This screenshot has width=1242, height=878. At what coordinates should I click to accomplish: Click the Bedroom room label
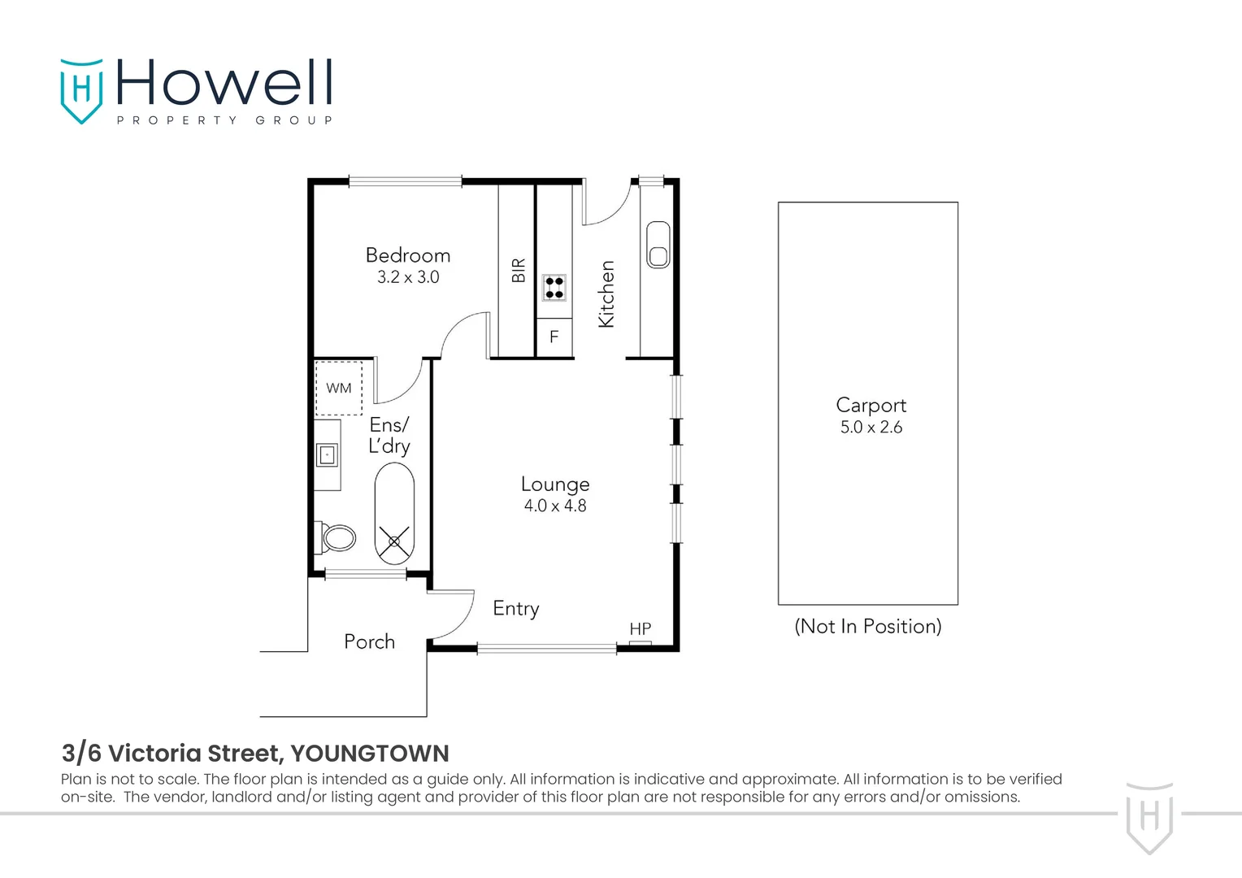coord(407,255)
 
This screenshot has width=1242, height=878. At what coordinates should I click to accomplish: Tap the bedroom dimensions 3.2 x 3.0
coord(407,277)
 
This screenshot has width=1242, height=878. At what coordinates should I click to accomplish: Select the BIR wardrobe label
coord(518,270)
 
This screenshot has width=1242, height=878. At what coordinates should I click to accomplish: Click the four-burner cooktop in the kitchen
coord(554,288)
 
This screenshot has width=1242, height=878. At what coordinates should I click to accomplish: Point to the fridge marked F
coord(554,337)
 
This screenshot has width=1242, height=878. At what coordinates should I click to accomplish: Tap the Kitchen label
coord(606,294)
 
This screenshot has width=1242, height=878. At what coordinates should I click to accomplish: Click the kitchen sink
coord(658,245)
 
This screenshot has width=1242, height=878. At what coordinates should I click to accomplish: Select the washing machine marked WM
coord(339,389)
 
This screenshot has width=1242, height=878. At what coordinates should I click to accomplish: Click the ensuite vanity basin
coord(327,454)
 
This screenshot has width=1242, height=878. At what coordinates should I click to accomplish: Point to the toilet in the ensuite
coord(337,537)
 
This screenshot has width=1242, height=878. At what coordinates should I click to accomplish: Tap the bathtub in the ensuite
coord(394,514)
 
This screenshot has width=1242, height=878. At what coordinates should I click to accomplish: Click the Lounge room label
coord(555,485)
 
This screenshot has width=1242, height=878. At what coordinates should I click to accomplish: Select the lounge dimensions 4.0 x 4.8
coord(555,506)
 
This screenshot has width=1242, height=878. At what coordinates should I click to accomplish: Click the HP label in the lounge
coord(640,628)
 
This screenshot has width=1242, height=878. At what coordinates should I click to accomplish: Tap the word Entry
coord(515,608)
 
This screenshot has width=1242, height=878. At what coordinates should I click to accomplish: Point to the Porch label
coord(369,641)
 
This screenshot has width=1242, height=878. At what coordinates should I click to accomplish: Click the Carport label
coord(871,405)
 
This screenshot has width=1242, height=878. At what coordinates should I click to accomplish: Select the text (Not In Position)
coord(867,626)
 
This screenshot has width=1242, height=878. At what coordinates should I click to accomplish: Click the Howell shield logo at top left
coord(81,89)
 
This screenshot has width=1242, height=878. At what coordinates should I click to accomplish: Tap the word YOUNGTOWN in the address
coord(369,754)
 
